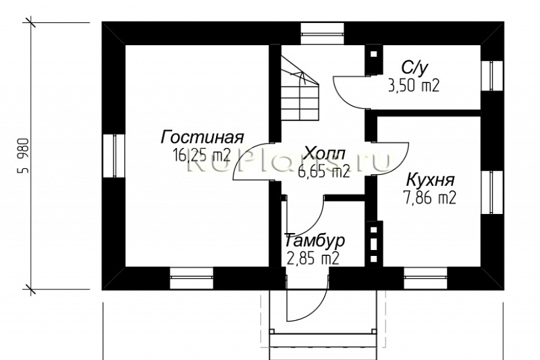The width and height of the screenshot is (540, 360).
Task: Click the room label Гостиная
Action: pyautogui.click(x=202, y=137)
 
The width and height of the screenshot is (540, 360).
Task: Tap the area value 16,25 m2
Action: pyautogui.click(x=202, y=155)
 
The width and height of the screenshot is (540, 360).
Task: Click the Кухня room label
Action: pyautogui.click(x=431, y=179)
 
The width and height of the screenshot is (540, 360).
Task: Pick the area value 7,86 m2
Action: pyautogui.click(x=429, y=197)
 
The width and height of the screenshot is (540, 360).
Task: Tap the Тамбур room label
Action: pyautogui.click(x=314, y=240)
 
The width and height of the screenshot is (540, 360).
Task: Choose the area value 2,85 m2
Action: pyautogui.click(x=313, y=258)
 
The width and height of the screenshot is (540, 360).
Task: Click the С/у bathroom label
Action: pyautogui.click(x=414, y=67)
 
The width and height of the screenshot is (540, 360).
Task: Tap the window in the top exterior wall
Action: pyautogui.click(x=321, y=33)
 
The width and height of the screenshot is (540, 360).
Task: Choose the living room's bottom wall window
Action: pyautogui.click(x=192, y=277)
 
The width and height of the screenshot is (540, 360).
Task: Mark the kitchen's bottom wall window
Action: pyautogui.click(x=425, y=277)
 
